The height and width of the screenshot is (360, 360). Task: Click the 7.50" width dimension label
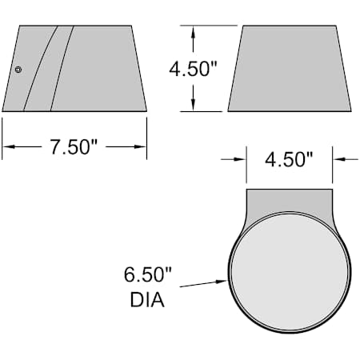pyautogui.click(x=74, y=146)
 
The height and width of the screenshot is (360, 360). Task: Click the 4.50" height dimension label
pyautogui.click(x=193, y=68)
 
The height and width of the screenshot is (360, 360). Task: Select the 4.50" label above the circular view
pyautogui.click(x=289, y=159)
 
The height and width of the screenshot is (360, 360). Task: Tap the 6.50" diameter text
pyautogui.click(x=148, y=275)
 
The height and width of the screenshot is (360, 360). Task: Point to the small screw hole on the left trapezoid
pyautogui.click(x=18, y=70)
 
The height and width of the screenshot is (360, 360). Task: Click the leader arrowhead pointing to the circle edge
pyautogui.click(x=225, y=280)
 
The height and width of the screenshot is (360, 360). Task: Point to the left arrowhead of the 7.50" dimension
pyautogui.click(x=7, y=146)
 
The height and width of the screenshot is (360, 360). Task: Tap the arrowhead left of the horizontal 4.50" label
pyautogui.click(x=241, y=159)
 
